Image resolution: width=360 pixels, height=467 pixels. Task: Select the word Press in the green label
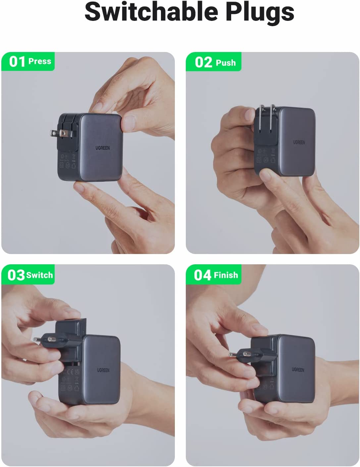point(40,61)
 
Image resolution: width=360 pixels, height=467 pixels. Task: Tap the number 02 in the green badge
point(203,62)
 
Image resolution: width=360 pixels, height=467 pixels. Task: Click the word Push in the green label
point(226,63)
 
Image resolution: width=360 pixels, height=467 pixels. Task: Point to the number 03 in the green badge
point(16,275)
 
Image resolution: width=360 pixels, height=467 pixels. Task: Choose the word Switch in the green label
point(39,275)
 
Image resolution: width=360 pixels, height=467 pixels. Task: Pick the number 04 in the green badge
point(202,275)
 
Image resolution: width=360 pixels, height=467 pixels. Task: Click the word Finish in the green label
point(226,275)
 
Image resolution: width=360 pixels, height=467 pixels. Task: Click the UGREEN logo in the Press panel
point(103,148)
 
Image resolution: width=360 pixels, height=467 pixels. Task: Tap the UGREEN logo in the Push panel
point(299,142)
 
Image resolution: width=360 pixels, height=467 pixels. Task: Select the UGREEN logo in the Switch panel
point(103,370)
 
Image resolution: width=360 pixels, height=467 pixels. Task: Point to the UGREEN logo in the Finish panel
point(298,369)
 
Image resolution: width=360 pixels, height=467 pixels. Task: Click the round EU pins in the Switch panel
point(45,339)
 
